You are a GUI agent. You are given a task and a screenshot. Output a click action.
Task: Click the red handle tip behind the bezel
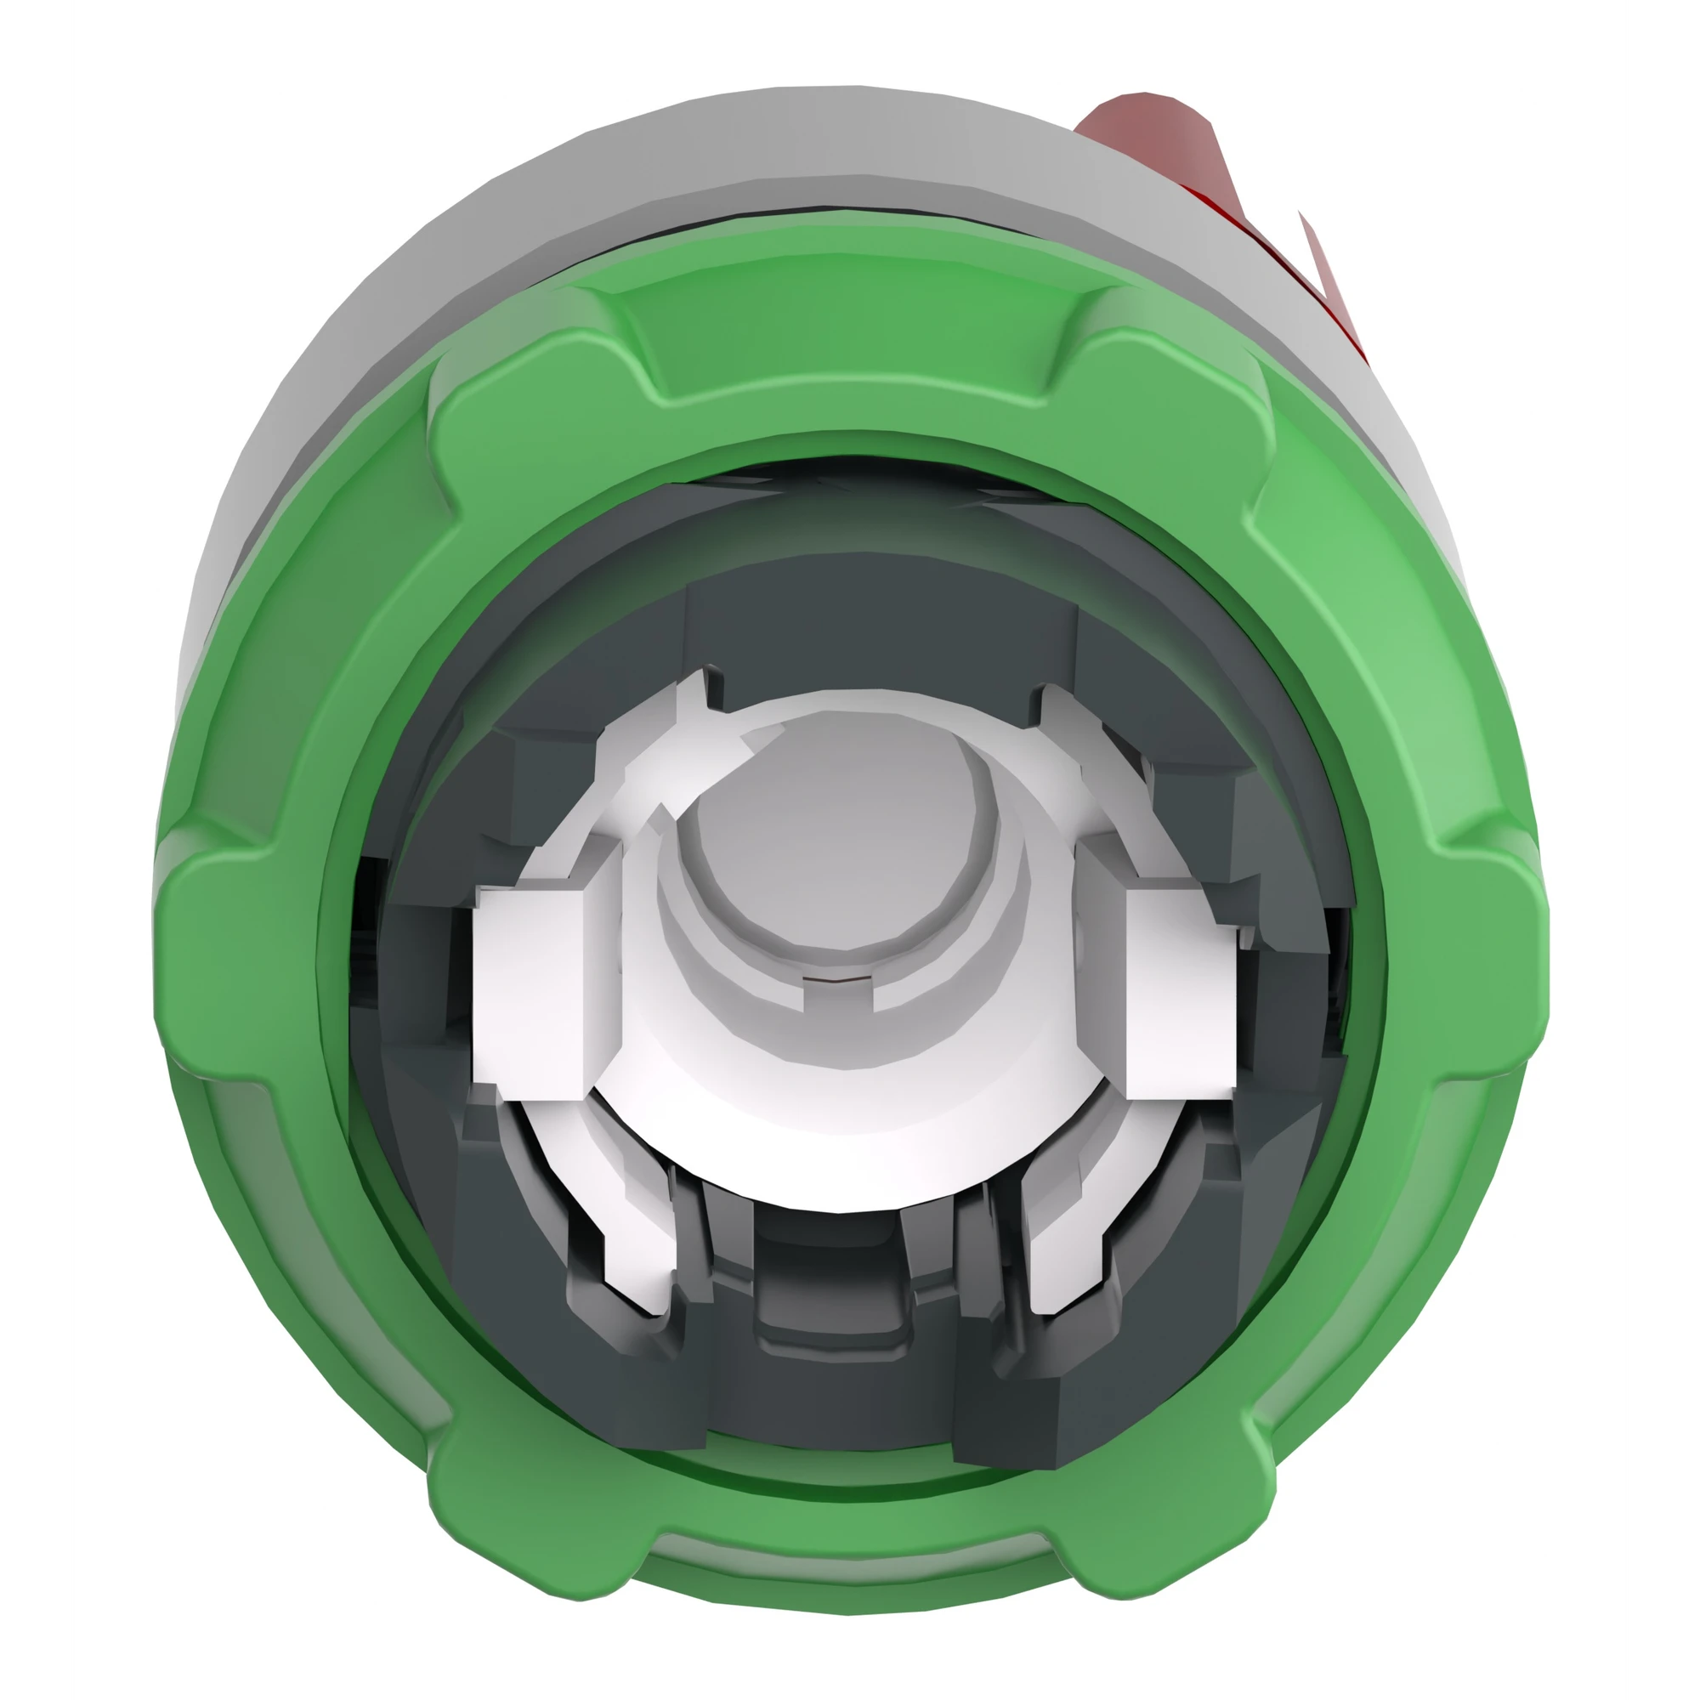tap(1144, 132)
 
